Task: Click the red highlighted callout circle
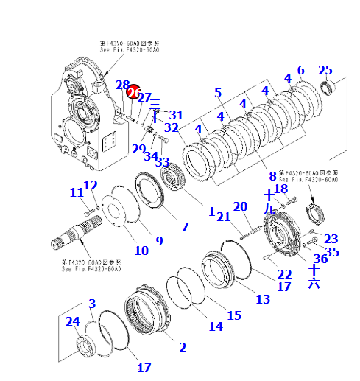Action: click(x=133, y=93)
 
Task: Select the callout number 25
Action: click(x=325, y=70)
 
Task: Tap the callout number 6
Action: click(x=300, y=70)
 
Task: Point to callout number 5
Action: click(x=218, y=93)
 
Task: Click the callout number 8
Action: click(x=272, y=176)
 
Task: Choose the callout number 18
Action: click(x=280, y=189)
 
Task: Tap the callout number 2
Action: click(x=182, y=347)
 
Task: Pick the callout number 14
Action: click(x=215, y=326)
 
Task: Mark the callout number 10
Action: click(x=141, y=251)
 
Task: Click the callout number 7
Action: click(x=185, y=227)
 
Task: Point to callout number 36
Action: click(x=320, y=259)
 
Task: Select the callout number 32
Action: click(x=171, y=127)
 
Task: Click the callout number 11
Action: click(x=77, y=192)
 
